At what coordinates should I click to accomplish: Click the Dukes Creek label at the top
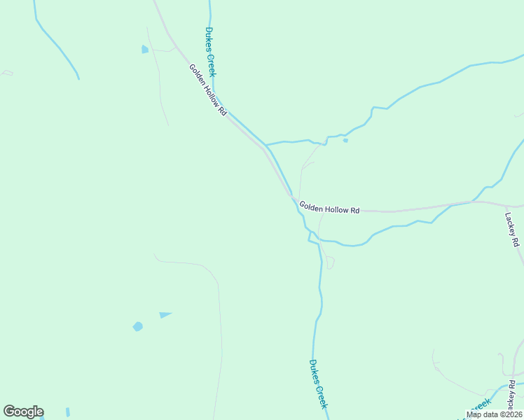[211, 52]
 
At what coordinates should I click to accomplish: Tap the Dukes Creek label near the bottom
[318, 385]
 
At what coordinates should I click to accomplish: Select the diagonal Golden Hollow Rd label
[208, 90]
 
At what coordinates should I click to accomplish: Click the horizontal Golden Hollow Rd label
[329, 207]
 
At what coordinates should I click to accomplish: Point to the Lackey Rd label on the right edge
[510, 230]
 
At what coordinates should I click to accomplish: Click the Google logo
[23, 412]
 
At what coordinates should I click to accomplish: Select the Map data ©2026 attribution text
[493, 414]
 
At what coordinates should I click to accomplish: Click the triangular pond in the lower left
[165, 315]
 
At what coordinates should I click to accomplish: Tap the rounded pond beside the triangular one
[138, 326]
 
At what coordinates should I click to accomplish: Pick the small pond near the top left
[145, 49]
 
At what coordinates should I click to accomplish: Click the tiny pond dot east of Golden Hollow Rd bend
[345, 140]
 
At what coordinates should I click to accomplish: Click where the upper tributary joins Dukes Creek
[266, 145]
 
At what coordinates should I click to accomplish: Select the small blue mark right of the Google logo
[68, 412]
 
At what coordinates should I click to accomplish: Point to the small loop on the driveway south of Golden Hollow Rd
[330, 263]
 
